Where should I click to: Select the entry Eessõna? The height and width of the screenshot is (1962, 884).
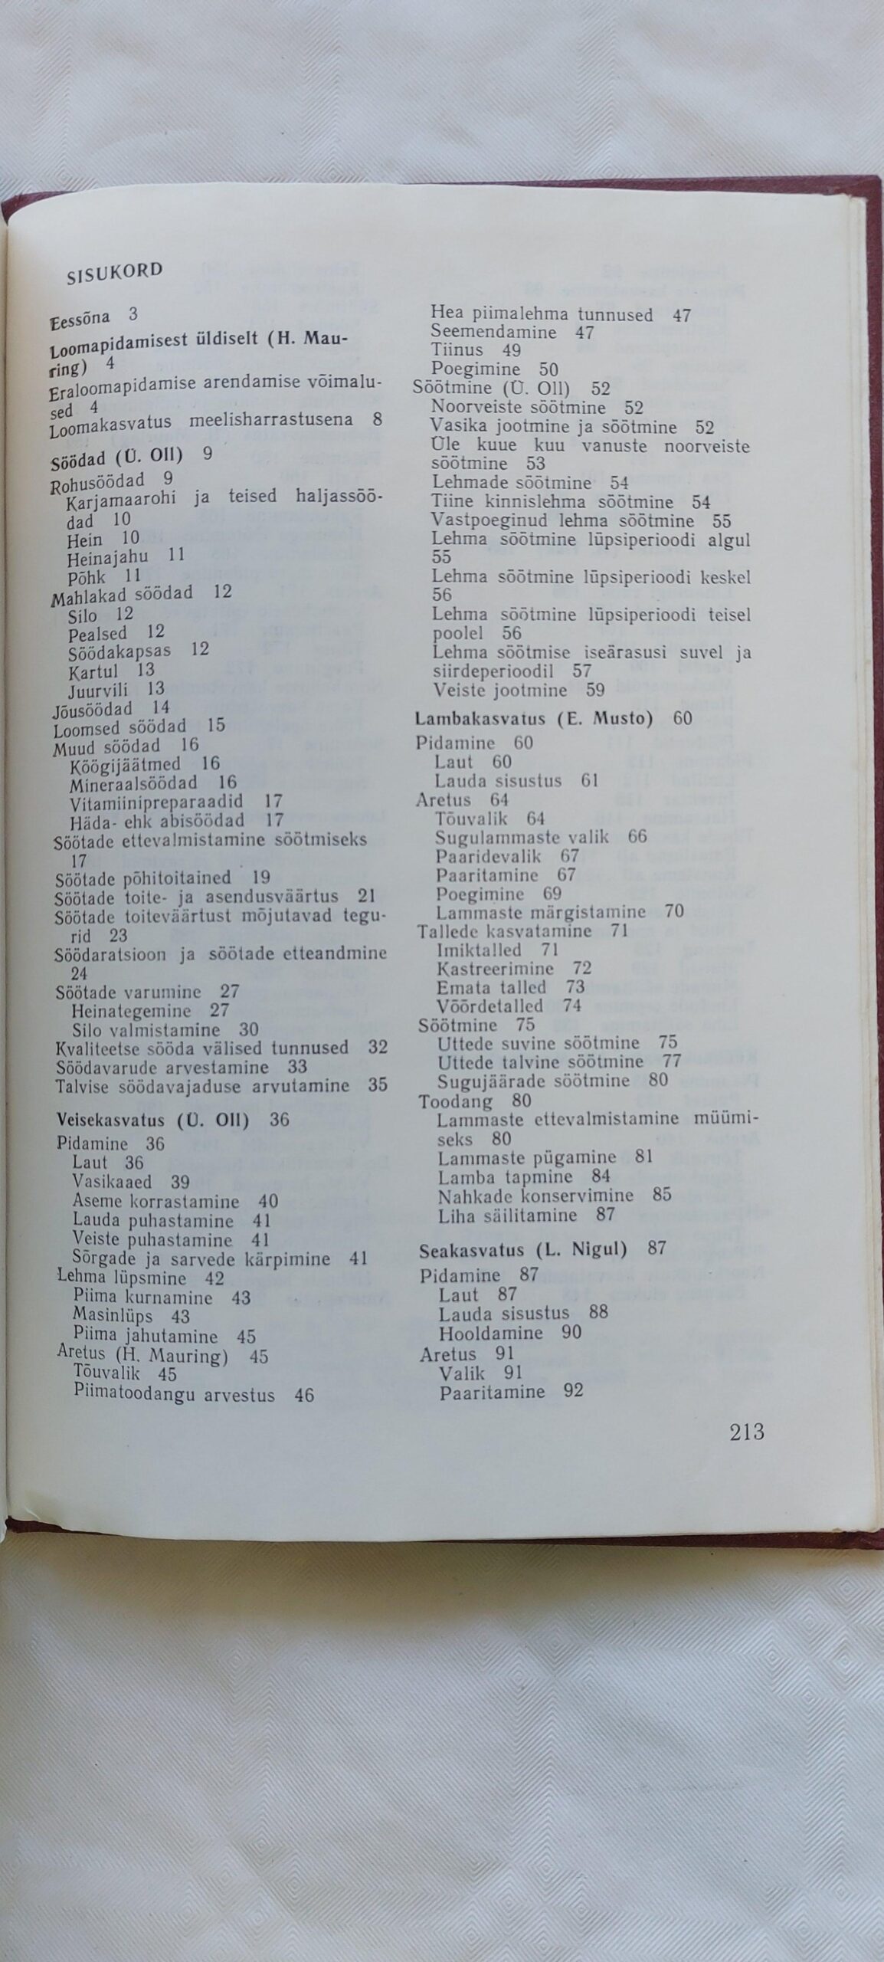click(80, 318)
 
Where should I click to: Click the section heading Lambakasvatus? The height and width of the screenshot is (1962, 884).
click(482, 719)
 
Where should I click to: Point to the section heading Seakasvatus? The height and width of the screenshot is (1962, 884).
click(471, 1250)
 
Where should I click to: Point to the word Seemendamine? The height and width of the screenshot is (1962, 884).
click(493, 333)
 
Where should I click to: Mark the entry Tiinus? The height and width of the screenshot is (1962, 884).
click(457, 351)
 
